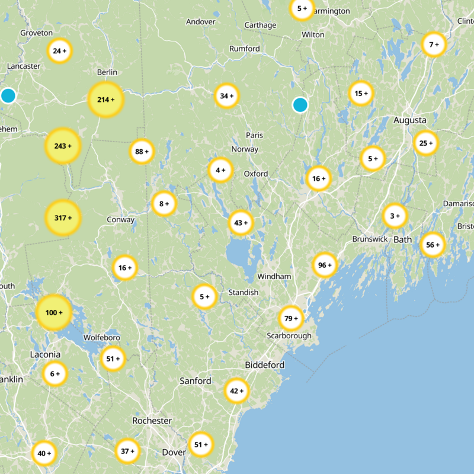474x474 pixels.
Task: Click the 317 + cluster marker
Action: pos(63,217)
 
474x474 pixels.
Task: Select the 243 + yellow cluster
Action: pos(63,146)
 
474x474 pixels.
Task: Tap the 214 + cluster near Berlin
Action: pos(105,100)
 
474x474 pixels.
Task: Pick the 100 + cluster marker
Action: pos(54,312)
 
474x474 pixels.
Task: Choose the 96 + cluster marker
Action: pos(325,265)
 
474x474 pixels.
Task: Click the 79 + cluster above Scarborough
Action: pos(291,319)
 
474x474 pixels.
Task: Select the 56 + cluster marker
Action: pos(433,245)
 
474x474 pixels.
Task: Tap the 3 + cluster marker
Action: pos(395,216)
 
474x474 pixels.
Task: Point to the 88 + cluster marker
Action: pos(142,151)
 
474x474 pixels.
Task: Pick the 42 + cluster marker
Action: pos(236,391)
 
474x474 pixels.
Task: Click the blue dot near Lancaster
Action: pos(8,95)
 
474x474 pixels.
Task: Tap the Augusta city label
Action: pos(409,120)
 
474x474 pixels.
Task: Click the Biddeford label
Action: pos(264,364)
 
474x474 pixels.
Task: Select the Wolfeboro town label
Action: pos(102,337)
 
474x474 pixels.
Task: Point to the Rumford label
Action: pos(245,49)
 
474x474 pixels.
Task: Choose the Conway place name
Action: pos(121,220)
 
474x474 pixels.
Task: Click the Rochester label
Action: pos(152,421)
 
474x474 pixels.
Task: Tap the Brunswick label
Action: pos(370,239)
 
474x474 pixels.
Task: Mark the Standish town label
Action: pos(244,293)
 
